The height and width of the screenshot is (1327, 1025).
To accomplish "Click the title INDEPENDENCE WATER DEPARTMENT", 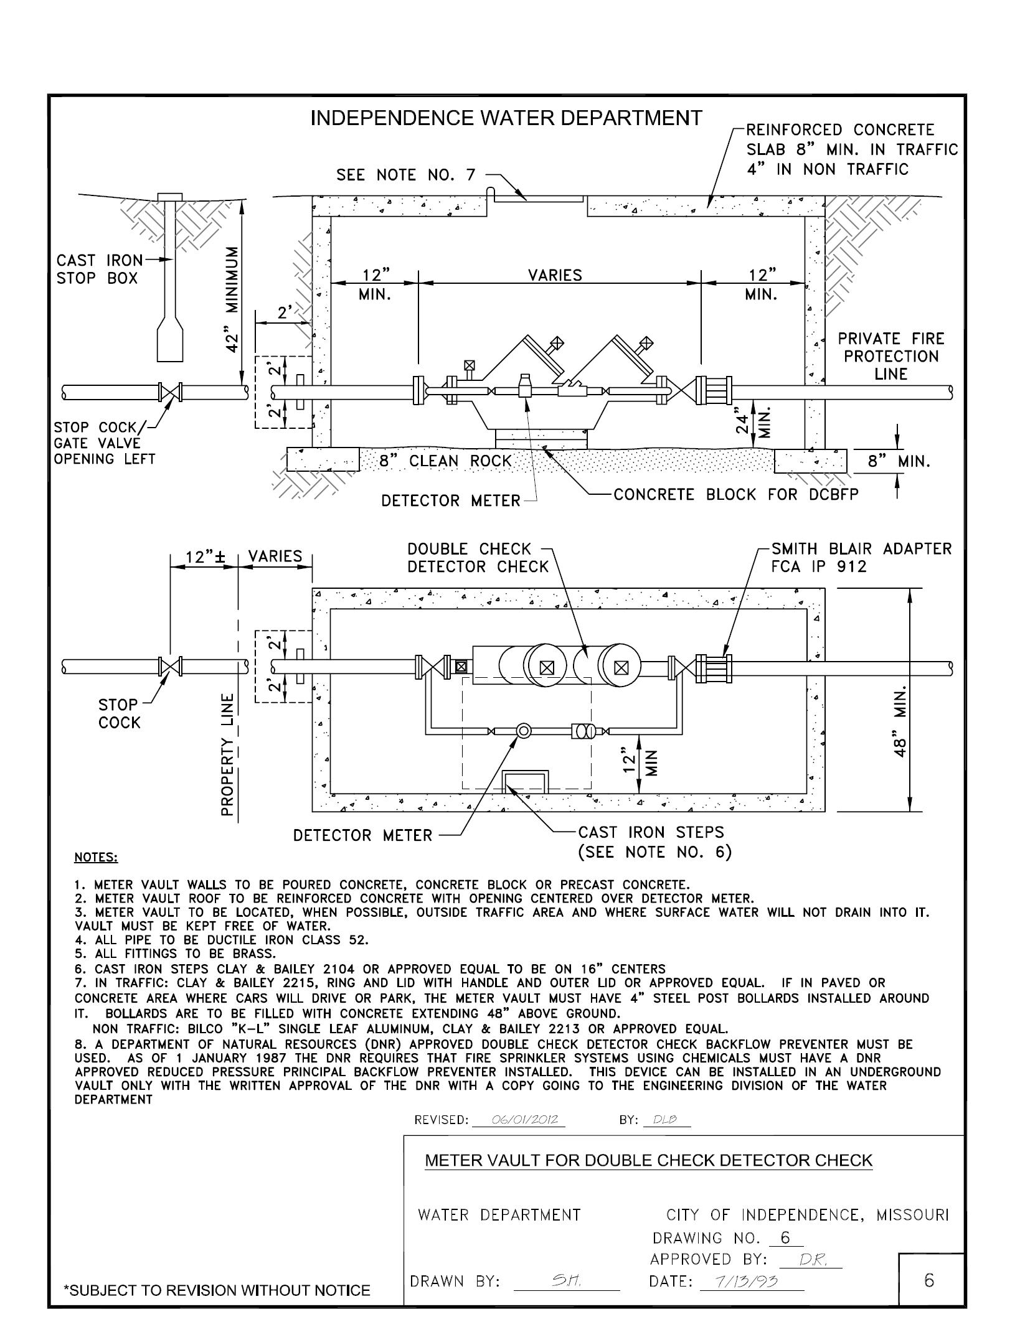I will coord(506,118).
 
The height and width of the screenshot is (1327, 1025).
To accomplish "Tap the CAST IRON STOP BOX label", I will coord(98,269).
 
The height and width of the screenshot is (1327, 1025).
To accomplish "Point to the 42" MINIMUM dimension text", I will coord(232,299).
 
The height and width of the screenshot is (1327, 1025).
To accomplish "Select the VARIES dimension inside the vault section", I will coord(555,274).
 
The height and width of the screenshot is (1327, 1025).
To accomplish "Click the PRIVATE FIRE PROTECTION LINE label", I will coord(890,356).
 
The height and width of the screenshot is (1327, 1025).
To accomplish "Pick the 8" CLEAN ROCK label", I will coord(445,461).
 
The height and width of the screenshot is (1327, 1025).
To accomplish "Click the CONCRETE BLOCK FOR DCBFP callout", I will coord(735,494).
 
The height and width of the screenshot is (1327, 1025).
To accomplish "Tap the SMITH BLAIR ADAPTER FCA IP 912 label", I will coord(861,558).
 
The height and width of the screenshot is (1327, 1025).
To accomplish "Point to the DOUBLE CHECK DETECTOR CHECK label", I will coord(478,558).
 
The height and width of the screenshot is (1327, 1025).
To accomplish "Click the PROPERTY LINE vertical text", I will coord(229,754).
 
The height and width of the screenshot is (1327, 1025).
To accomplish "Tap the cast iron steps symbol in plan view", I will coord(525,781).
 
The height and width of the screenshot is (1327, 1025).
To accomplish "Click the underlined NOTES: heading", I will coord(96,858).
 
